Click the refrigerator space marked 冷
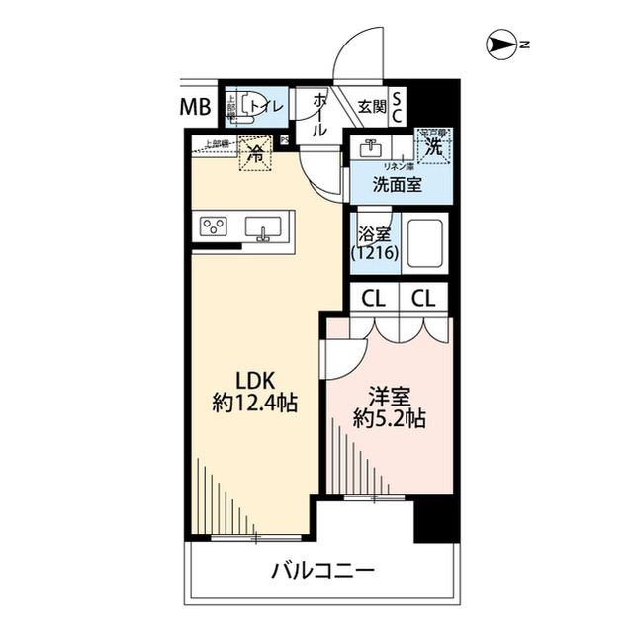255,154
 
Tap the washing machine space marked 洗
432,147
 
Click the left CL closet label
373,296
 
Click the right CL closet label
424,296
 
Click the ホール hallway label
319,115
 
